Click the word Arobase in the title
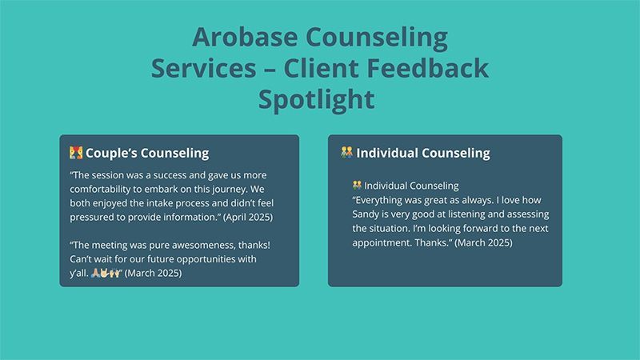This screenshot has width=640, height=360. coord(245,37)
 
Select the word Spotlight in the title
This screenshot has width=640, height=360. coord(316,100)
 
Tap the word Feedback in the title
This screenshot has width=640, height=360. coord(427,68)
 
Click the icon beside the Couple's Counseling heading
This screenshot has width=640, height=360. coord(76,153)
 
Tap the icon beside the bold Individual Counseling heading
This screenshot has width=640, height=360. coord(347,152)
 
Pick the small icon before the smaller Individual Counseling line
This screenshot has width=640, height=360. coord(357,186)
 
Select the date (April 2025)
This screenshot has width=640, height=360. coord(248,217)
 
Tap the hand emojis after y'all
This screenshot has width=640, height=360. coord(106,273)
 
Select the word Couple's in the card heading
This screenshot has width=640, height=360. coord(111,153)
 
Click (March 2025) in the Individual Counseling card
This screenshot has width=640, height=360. coord(483,243)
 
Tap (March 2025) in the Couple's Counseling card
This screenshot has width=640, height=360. coord(153,273)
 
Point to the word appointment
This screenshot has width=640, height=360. coord(382,243)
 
